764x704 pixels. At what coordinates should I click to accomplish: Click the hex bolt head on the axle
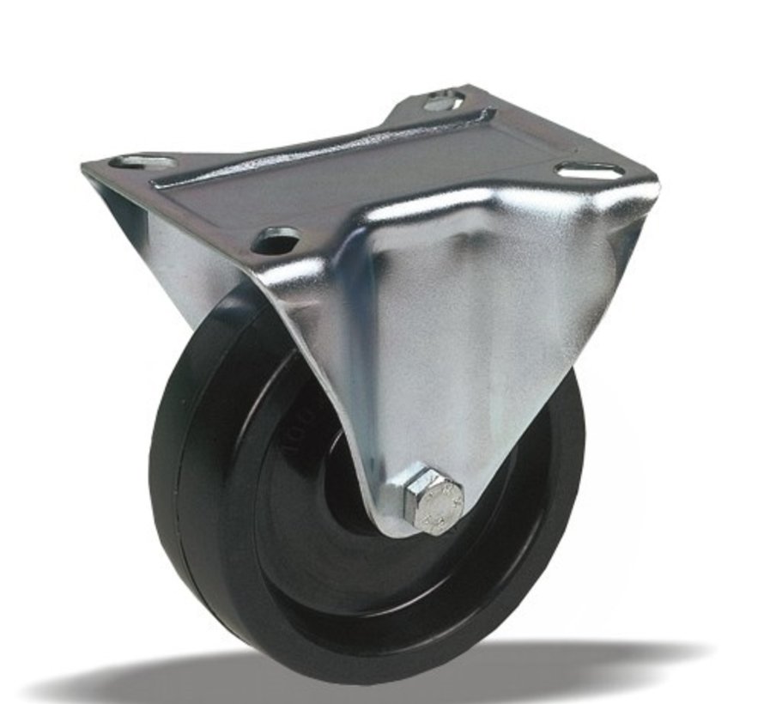pos(434,501)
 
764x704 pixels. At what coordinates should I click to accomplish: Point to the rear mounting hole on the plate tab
pos(443,101)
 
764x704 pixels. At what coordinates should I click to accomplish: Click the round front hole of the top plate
pos(277,240)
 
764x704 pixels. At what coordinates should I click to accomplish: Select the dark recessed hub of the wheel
pos(343,481)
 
